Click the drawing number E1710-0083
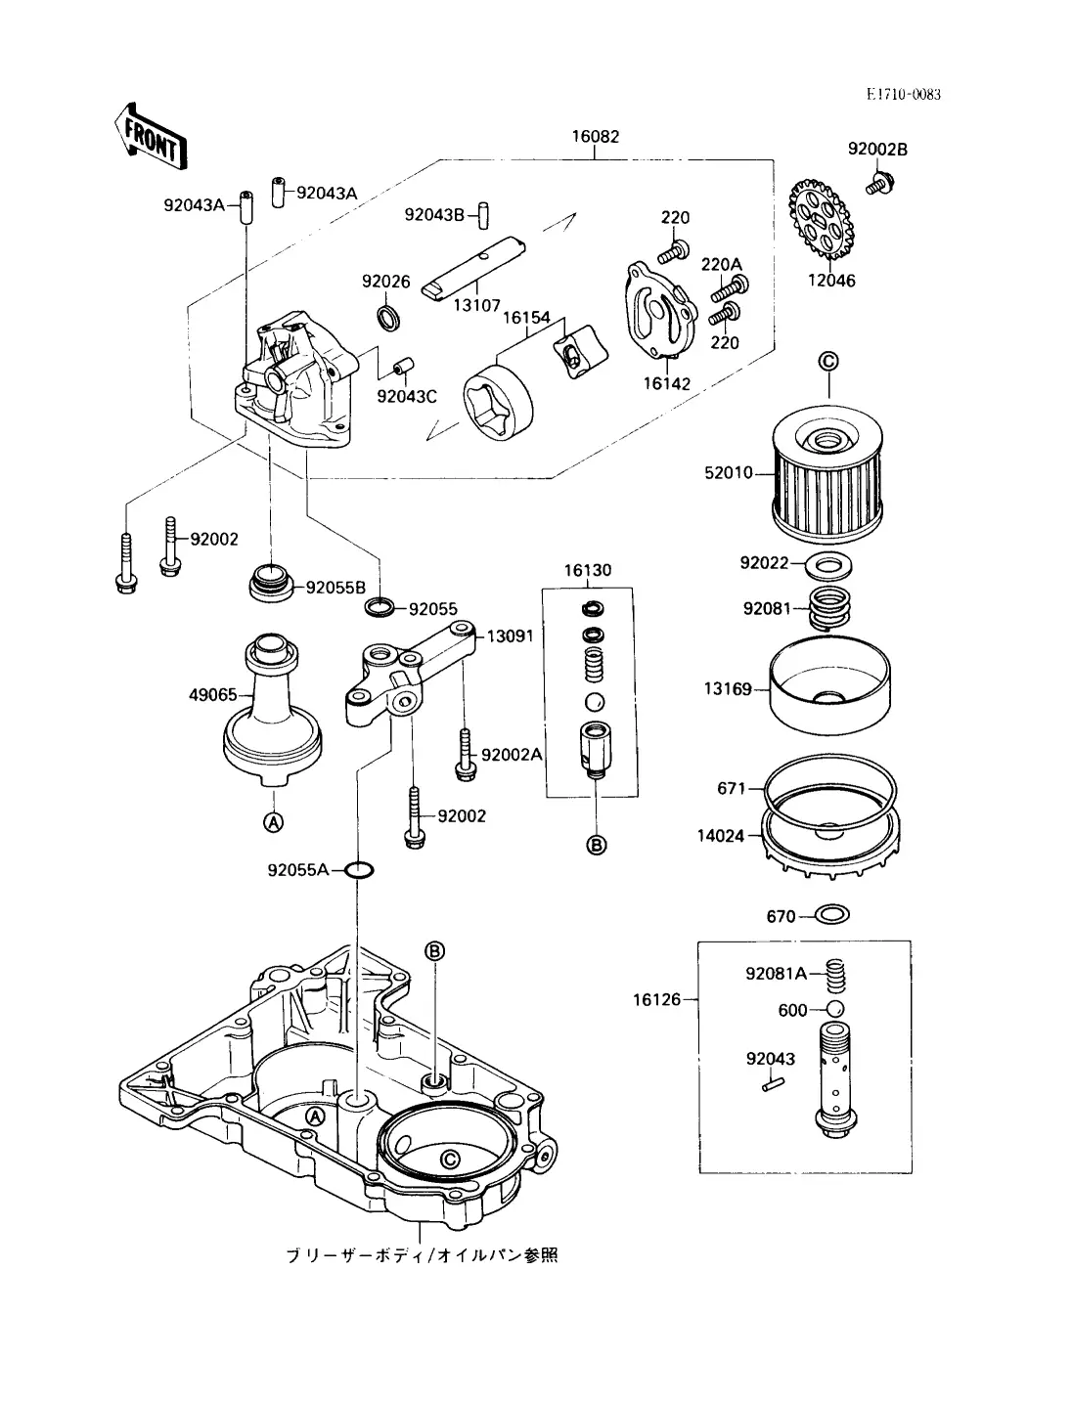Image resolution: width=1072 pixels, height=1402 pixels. tap(903, 94)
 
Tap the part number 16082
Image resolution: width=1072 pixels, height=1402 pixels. tap(596, 137)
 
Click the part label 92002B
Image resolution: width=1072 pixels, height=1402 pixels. tap(876, 149)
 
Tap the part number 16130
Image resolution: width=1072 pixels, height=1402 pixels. tap(588, 570)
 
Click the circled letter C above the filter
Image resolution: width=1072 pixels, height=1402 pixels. tap(827, 363)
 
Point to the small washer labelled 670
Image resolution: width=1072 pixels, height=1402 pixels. tap(832, 915)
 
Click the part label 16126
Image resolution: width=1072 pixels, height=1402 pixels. tap(655, 999)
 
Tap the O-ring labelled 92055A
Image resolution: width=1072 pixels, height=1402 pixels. tap(359, 869)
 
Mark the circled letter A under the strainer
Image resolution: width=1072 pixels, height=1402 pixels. tap(274, 823)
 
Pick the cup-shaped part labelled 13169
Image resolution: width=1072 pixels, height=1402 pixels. tap(830, 689)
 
